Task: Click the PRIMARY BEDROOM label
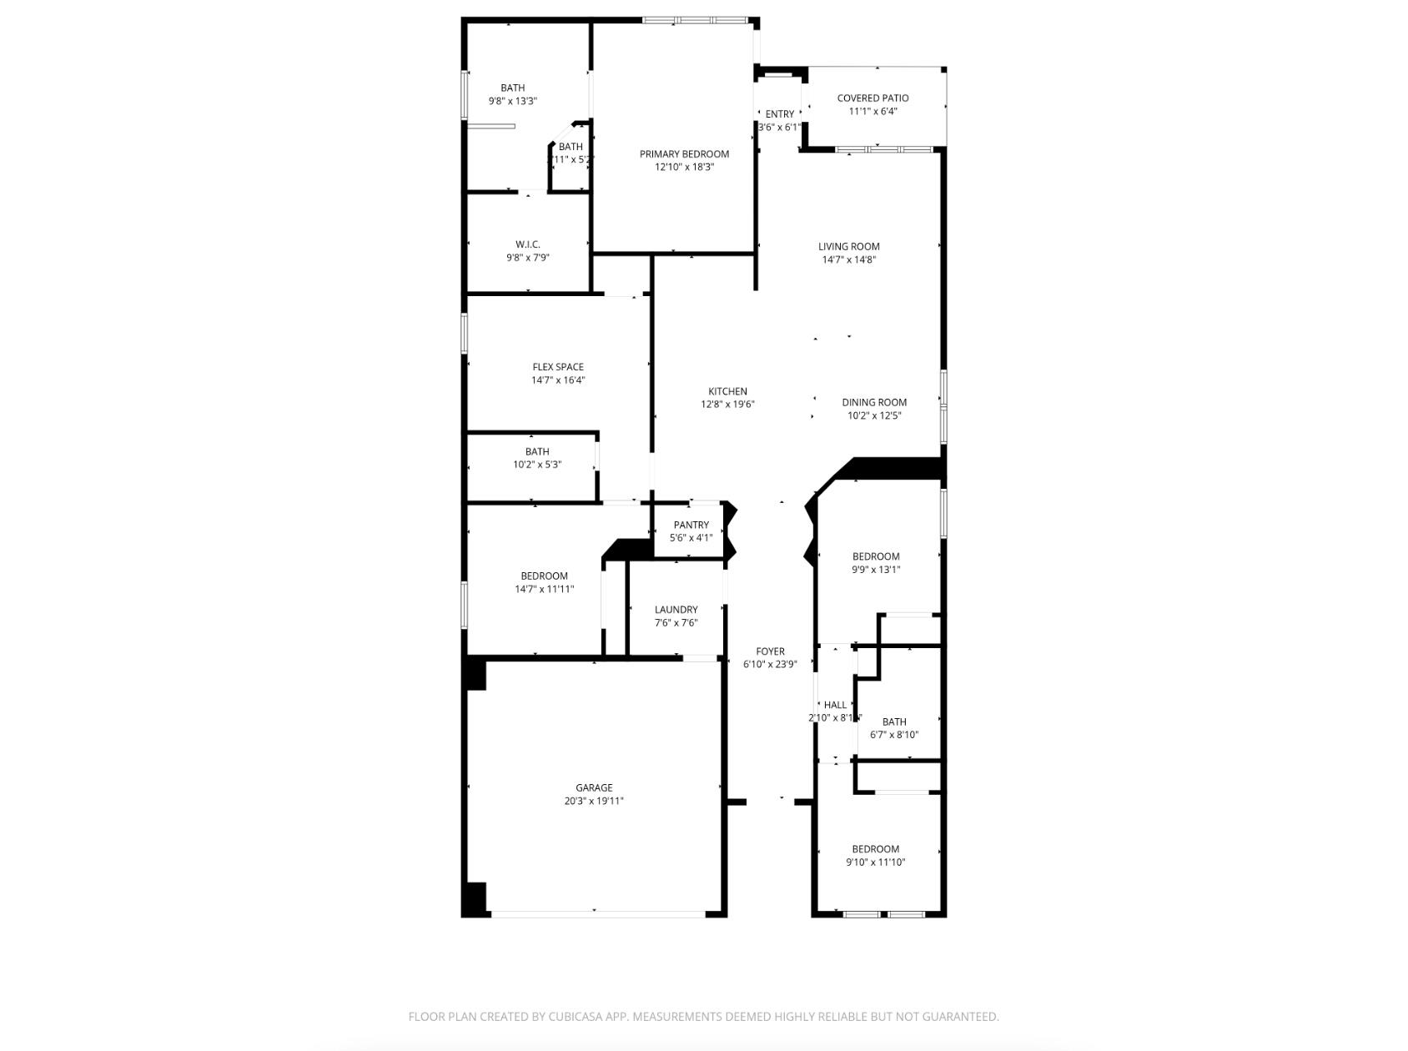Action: tap(684, 153)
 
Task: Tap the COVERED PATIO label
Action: tap(872, 98)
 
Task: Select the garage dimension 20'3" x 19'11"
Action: tap(594, 801)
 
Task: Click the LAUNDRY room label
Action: tap(676, 610)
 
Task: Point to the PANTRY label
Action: tap(691, 525)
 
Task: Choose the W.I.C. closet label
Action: tap(527, 244)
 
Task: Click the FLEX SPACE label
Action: tap(558, 367)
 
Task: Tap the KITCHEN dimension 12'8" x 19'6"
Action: tap(727, 405)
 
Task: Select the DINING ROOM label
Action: tap(873, 402)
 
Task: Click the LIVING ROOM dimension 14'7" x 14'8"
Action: tap(848, 259)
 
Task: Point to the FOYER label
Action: tap(770, 651)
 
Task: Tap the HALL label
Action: tap(835, 705)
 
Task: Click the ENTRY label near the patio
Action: tap(780, 114)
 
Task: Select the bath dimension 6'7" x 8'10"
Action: tap(894, 735)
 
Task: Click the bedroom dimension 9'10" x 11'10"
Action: tap(875, 862)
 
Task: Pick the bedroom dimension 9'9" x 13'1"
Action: tap(876, 570)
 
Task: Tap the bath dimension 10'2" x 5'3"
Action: tap(537, 465)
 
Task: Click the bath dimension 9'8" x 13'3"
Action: tap(512, 101)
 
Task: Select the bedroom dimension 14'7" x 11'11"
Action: tap(544, 589)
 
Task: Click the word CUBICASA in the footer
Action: tap(580, 1017)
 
